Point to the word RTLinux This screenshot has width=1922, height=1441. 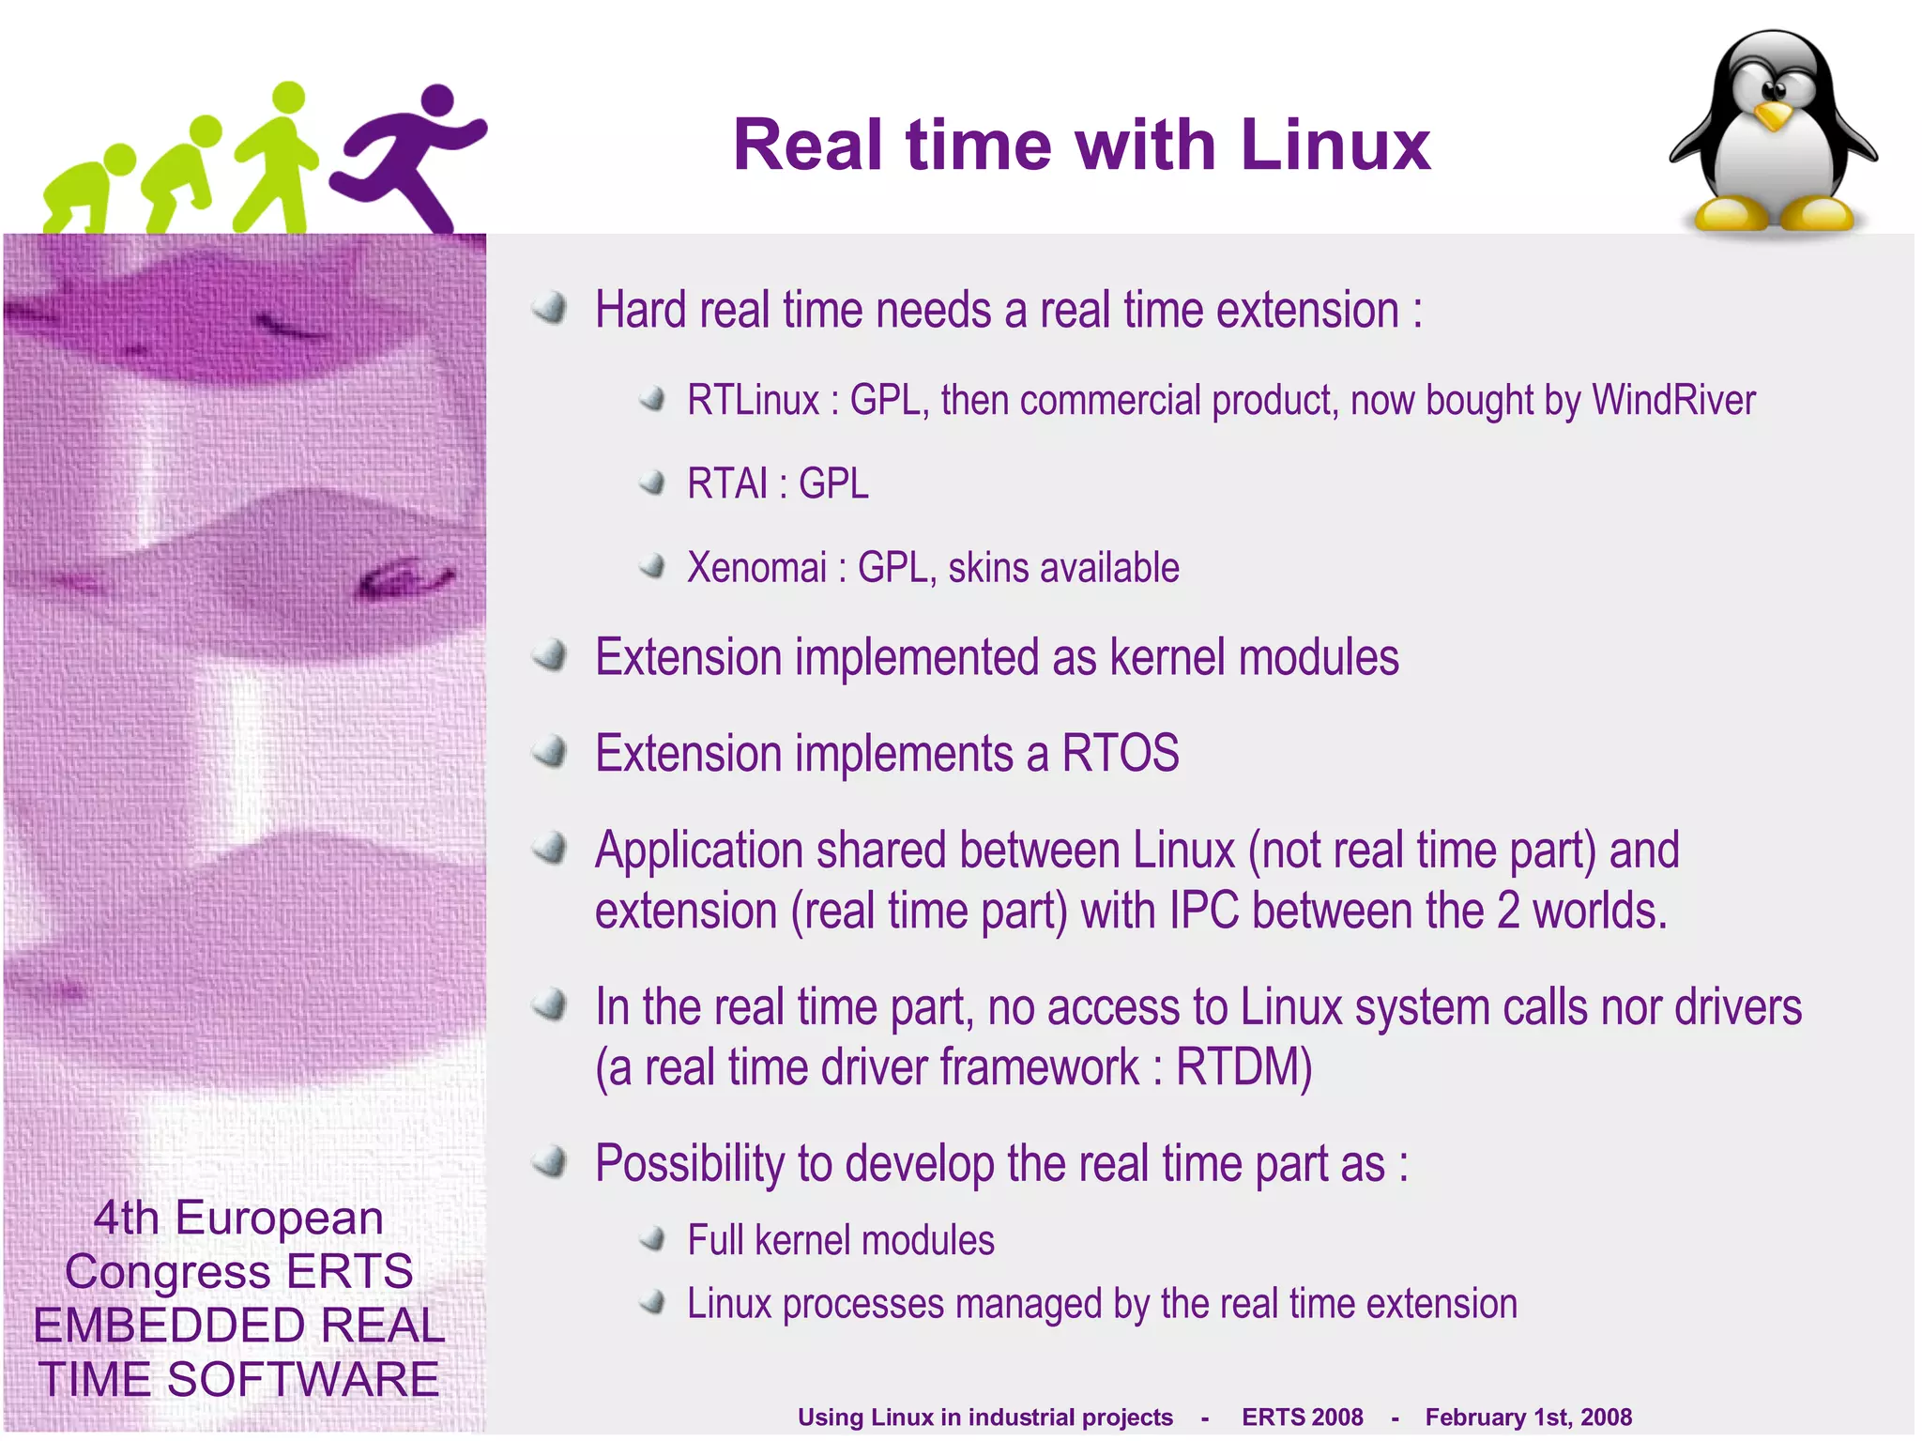click(x=753, y=401)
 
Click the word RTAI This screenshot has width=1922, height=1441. click(x=726, y=484)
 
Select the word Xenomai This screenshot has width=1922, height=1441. click(x=756, y=568)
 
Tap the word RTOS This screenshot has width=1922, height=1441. click(x=1120, y=753)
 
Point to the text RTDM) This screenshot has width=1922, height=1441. click(x=1243, y=1067)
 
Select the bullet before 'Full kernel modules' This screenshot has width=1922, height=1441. click(x=652, y=1239)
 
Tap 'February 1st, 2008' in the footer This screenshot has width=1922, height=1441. click(x=1528, y=1417)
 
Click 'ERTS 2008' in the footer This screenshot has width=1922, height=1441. click(x=1302, y=1417)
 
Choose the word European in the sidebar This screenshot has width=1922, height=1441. click(x=279, y=1219)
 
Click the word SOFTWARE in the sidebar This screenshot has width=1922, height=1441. click(x=302, y=1379)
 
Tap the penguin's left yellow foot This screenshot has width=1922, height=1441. click(x=1730, y=214)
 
